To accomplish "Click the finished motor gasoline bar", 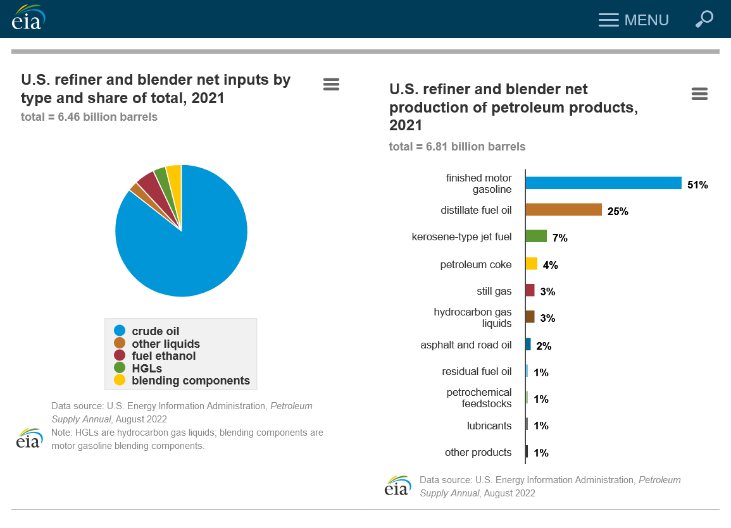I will point(603,183).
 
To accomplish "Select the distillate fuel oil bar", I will point(563,209).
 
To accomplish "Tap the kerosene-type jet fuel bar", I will point(536,236).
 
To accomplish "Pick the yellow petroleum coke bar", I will point(532,264).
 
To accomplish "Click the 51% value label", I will point(697,185).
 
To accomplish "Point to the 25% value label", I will point(618,211).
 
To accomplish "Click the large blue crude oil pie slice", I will point(190,247).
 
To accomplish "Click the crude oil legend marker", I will point(120,331).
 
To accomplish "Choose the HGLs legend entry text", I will point(147,368).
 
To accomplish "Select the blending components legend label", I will point(191,381).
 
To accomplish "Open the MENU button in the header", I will point(634,20).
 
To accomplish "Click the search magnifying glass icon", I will point(704,19).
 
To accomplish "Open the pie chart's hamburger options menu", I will point(331,84).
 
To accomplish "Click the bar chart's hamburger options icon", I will point(699,94).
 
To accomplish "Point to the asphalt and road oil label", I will point(466,345).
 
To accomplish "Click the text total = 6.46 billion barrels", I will point(89,117).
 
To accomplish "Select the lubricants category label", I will point(489,426).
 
